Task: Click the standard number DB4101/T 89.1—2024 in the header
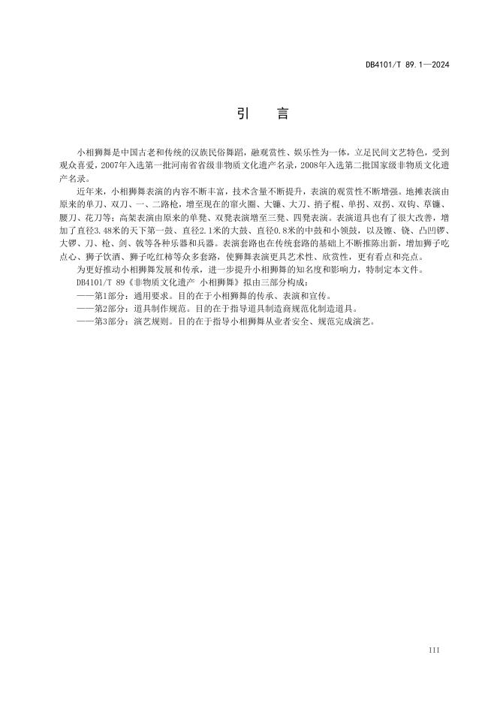[x=407, y=65]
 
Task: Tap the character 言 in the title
[x=282, y=114]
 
